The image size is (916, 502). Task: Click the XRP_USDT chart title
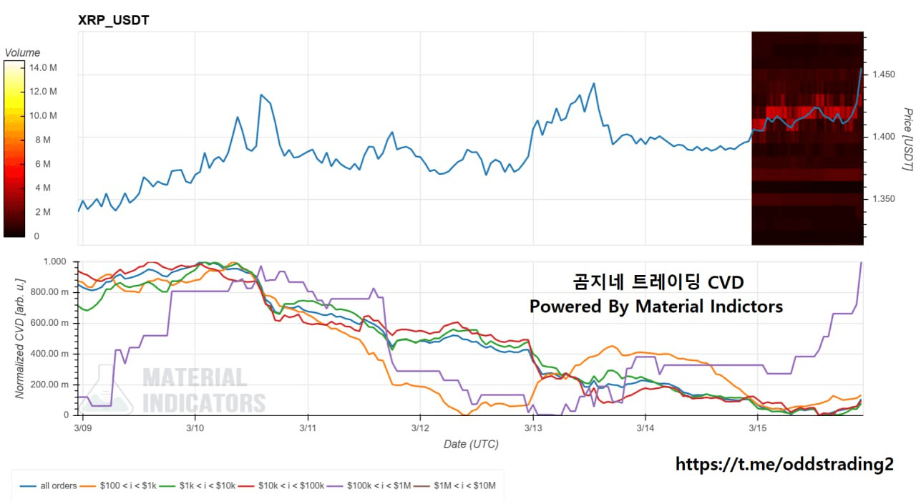[113, 20]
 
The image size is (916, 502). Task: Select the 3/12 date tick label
[420, 428]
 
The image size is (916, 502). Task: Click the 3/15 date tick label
[758, 428]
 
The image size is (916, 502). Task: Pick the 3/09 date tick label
[83, 428]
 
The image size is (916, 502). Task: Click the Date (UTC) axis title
[470, 444]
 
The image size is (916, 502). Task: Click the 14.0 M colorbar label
[43, 67]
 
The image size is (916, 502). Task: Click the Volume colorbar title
[22, 52]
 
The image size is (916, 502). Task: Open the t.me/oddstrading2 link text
[784, 464]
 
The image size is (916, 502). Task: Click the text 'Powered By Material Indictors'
[656, 306]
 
